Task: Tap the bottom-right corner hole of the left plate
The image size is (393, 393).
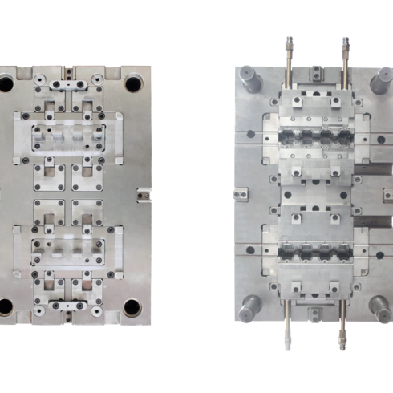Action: click(133, 306)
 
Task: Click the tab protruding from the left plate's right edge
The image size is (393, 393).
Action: click(144, 192)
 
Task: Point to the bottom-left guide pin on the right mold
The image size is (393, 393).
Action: click(248, 306)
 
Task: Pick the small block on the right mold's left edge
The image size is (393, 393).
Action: click(238, 192)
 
